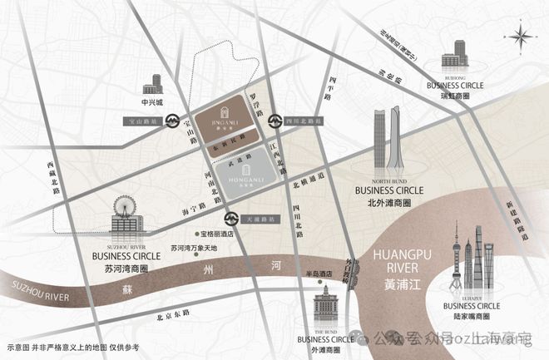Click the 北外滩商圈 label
pyautogui.click(x=388, y=201)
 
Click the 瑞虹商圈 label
pyautogui.click(x=455, y=96)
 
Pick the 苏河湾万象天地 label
pyautogui.click(x=193, y=248)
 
